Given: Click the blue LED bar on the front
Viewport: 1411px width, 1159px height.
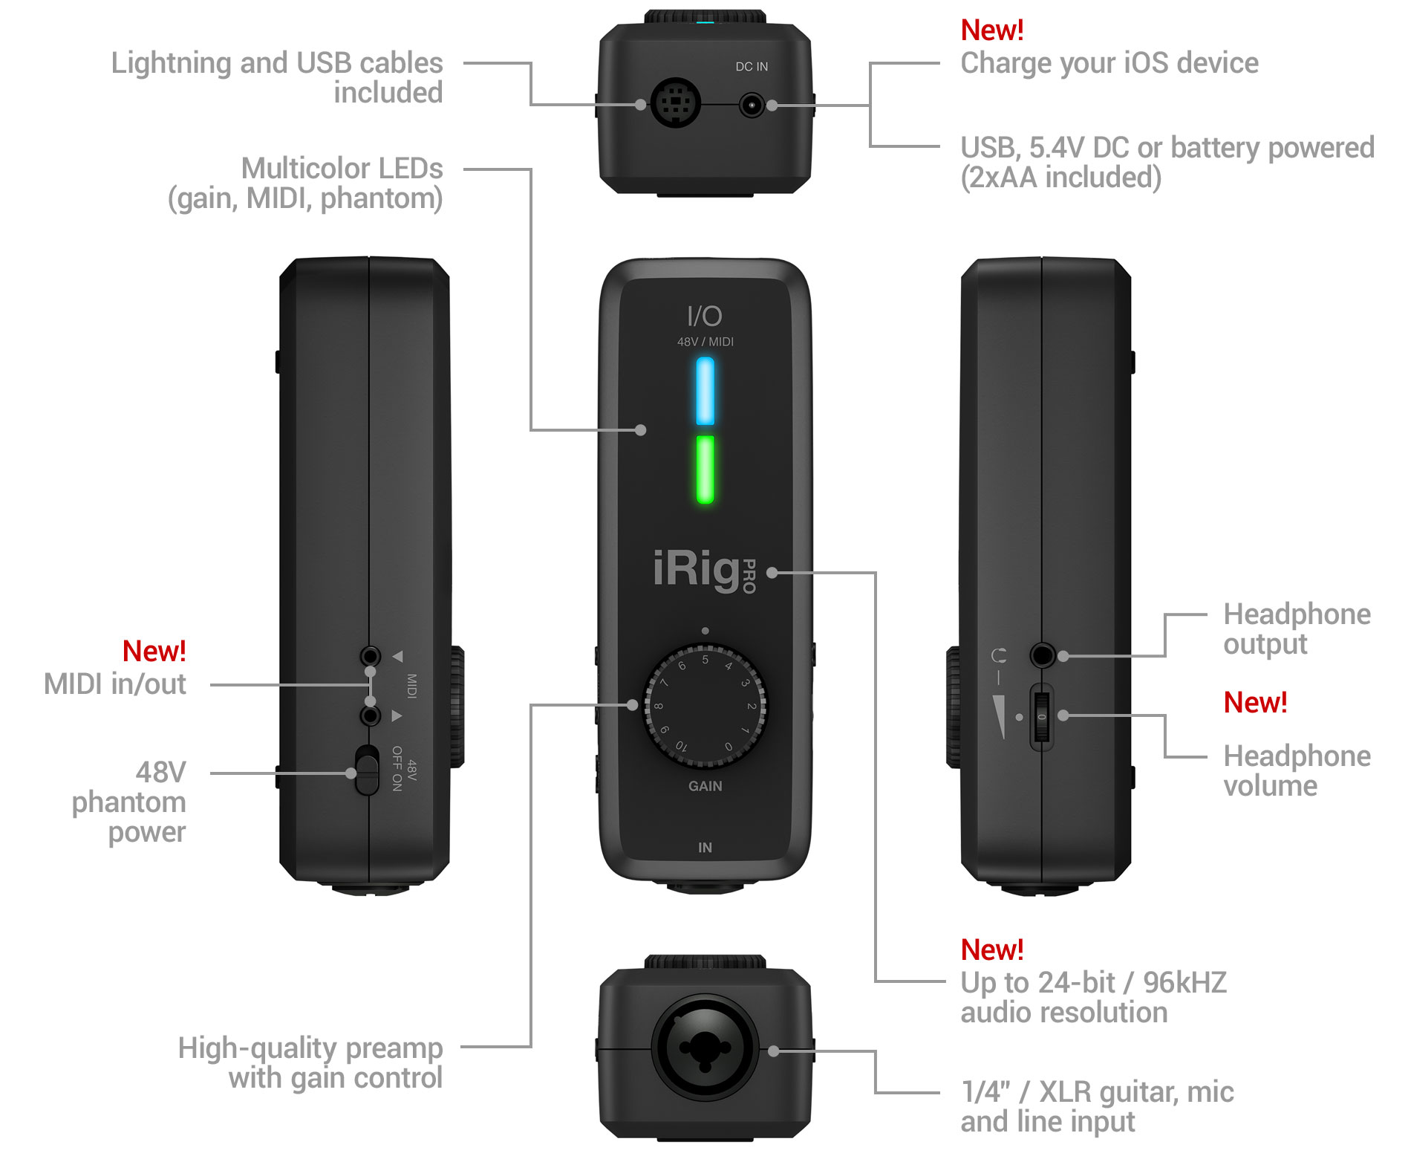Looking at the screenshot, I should (x=705, y=392).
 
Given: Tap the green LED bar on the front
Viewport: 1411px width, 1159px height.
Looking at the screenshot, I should (x=705, y=470).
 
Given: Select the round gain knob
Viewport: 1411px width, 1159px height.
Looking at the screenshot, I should (x=705, y=707).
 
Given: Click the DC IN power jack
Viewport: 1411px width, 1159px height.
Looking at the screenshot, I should (x=752, y=105).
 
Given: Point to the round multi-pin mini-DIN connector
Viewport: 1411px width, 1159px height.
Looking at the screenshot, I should (x=675, y=103).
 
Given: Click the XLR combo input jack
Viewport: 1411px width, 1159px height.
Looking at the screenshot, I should (x=705, y=1048).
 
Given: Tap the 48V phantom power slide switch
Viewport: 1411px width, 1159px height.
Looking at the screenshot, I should (x=366, y=770).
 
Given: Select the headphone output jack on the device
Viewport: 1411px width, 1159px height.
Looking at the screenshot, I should (x=1042, y=655).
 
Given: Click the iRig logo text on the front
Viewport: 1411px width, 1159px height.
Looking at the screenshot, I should (x=697, y=570).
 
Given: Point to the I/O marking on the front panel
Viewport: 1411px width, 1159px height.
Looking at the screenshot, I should (x=704, y=316).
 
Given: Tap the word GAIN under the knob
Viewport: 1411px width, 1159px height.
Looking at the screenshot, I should (x=705, y=786).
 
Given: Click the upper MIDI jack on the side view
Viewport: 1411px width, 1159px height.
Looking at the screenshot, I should (x=370, y=656).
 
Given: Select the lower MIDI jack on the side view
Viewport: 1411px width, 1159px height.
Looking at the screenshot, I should (x=370, y=715).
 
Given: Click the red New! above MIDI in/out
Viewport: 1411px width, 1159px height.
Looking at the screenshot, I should (x=154, y=652).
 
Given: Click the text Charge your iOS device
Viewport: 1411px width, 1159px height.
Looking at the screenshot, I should (x=1109, y=64).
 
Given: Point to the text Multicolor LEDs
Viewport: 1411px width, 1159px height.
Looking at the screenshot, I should (x=342, y=169).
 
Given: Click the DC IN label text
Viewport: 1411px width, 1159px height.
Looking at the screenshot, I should (x=752, y=67).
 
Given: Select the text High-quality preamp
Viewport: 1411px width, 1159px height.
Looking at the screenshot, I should (x=310, y=1048).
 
